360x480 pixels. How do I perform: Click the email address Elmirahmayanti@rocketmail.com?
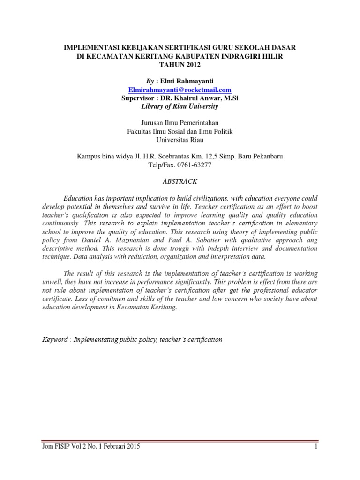click(x=180, y=90)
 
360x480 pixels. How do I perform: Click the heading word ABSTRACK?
click(x=180, y=181)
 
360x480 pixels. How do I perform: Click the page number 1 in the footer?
click(x=317, y=447)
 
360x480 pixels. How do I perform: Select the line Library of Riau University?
click(x=180, y=106)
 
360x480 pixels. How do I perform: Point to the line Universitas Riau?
click(x=180, y=140)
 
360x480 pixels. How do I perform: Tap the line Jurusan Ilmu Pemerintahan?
click(x=180, y=123)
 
